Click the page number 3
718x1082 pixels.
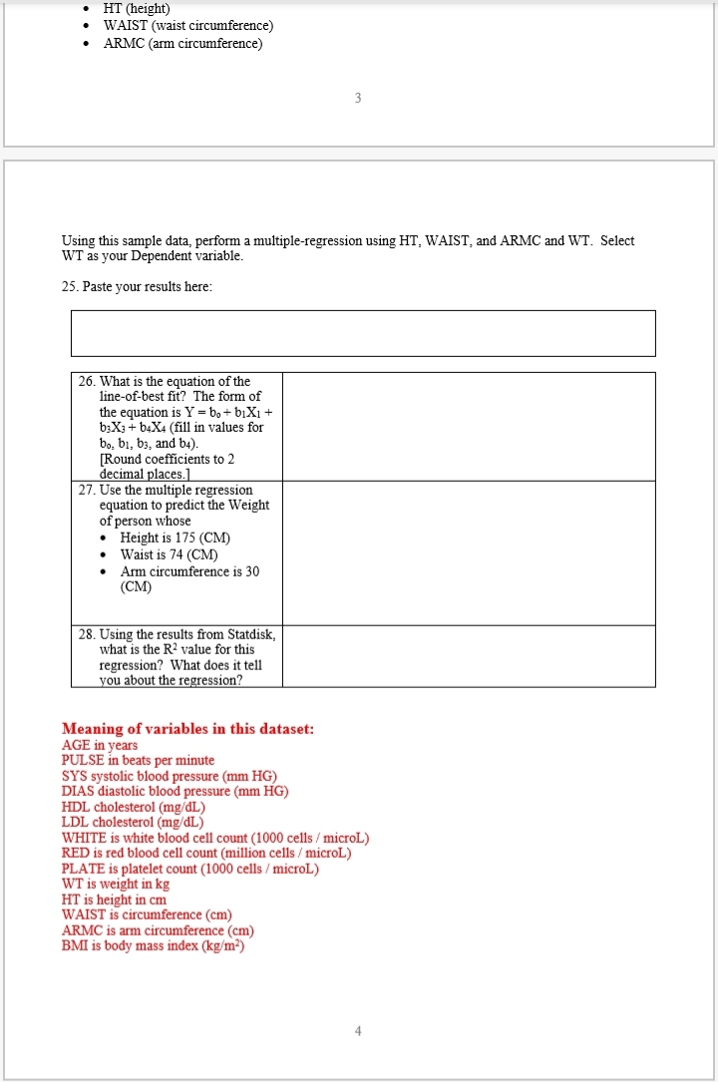point(358,98)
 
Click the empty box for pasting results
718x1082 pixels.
point(363,333)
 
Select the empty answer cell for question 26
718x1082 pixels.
point(469,427)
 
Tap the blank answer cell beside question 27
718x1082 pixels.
point(469,552)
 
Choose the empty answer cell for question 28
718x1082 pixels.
point(469,656)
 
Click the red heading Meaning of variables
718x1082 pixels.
point(187,729)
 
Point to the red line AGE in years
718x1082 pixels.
point(100,745)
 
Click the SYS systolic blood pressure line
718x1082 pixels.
point(169,776)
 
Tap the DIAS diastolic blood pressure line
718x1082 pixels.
point(175,791)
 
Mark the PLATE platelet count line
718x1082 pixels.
point(189,869)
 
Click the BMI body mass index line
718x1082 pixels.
point(153,945)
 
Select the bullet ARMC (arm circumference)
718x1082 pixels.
point(182,44)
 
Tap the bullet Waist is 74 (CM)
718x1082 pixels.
point(169,554)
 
